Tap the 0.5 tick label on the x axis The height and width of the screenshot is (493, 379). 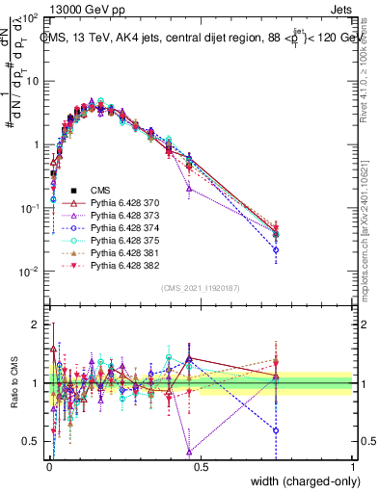pos(200,465)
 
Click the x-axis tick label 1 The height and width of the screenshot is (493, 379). pos(352,465)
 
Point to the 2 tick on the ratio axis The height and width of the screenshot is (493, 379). pos(38,324)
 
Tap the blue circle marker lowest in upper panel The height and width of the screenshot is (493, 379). pos(276,250)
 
